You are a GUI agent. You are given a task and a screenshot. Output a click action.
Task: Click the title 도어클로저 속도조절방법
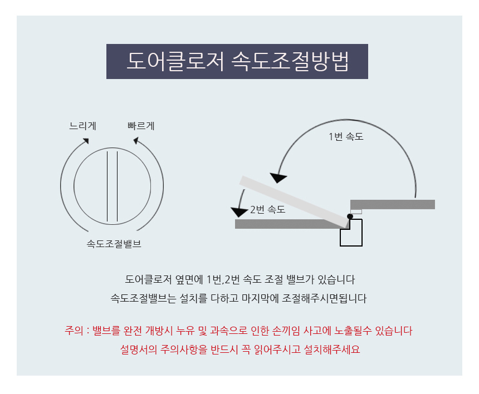(237, 61)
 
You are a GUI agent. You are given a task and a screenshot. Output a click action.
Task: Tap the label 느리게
(82, 126)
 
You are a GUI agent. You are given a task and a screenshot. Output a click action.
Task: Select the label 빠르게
(141, 126)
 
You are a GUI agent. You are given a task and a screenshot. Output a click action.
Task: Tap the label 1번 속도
(346, 136)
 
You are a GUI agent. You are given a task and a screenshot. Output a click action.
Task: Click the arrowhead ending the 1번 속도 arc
(278, 178)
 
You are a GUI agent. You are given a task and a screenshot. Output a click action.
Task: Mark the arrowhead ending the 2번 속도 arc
(239, 212)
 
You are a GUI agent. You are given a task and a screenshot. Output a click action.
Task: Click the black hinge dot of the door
(350, 216)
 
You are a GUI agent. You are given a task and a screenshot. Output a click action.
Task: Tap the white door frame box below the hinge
(351, 233)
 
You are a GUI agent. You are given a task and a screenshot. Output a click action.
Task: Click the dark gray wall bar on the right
(393, 204)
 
